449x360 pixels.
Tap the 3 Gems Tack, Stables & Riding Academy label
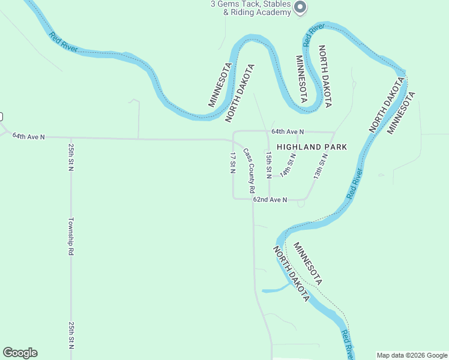pos(250,8)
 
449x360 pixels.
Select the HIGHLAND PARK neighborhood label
pos(312,146)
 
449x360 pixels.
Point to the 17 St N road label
pos(233,163)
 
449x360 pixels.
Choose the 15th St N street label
pos(269,164)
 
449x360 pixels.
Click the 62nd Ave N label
pos(270,199)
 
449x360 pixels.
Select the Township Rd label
pos(71,236)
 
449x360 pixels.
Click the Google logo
pos(20,353)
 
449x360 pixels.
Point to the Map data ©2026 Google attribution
pos(411,355)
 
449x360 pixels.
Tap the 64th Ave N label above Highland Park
pos(288,131)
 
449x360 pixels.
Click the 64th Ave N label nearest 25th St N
pos(29,137)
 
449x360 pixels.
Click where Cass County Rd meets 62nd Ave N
pos(252,199)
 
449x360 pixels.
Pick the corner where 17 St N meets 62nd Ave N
pos(234,198)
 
